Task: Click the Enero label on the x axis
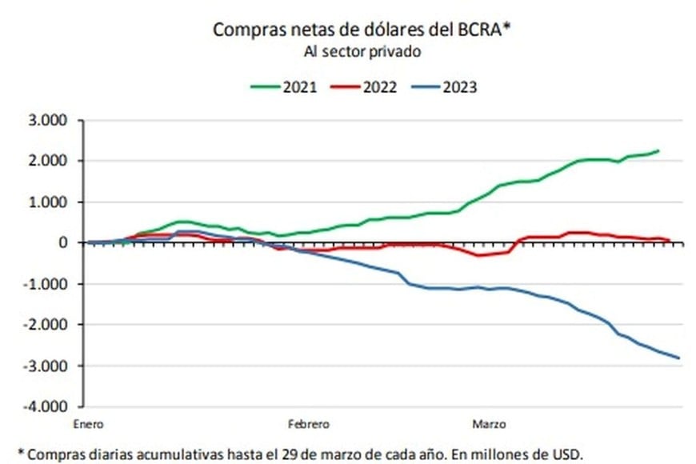pyautogui.click(x=88, y=423)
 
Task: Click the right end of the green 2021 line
pyautogui.click(x=658, y=150)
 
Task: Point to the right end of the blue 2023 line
pyautogui.click(x=679, y=358)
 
